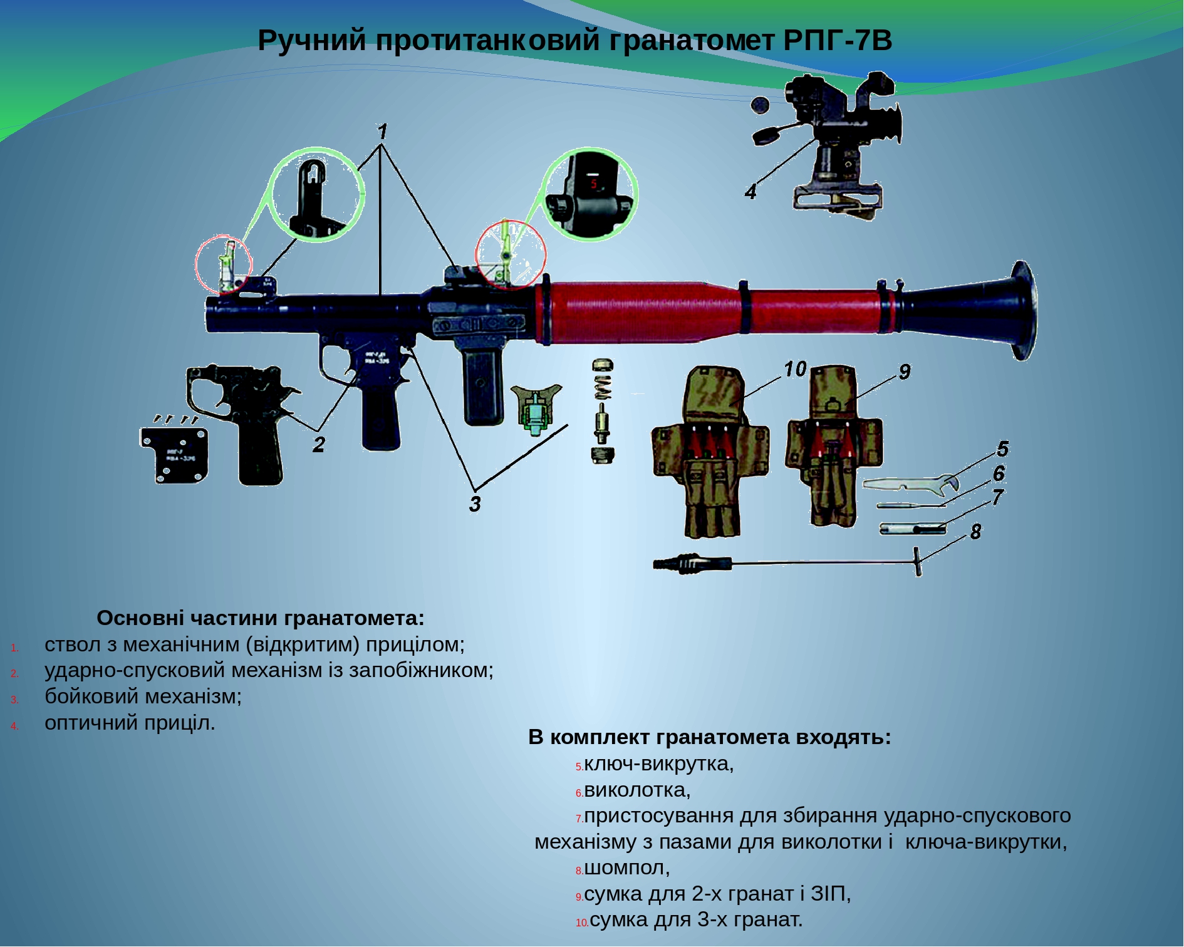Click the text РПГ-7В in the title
coord(838,41)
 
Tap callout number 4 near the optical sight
coord(750,191)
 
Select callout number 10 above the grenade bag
coord(795,370)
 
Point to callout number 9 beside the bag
coord(904,372)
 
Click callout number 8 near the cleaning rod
coord(975,532)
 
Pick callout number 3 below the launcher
coord(475,504)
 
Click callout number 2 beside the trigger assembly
coord(319,445)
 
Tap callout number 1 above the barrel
coord(382,132)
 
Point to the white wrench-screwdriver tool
coord(908,484)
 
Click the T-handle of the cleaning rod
coord(918,561)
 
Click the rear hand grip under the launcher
coord(482,385)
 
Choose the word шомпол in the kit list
coord(626,868)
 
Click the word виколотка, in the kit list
coord(637,790)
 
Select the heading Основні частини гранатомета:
coord(261,618)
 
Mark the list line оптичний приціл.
coord(130,723)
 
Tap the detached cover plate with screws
coord(174,454)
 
